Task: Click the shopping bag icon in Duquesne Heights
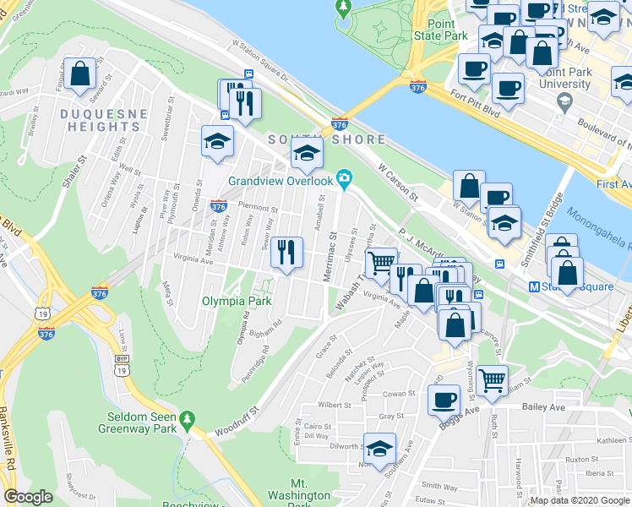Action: pyautogui.click(x=80, y=74)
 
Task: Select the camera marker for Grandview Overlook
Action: pyautogui.click(x=343, y=177)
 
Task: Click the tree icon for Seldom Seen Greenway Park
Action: pyautogui.click(x=188, y=418)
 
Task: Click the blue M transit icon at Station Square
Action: pyautogui.click(x=534, y=286)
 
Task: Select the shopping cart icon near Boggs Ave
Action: pyautogui.click(x=492, y=380)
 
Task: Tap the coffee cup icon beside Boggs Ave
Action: pyautogui.click(x=444, y=400)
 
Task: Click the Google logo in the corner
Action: pyautogui.click(x=28, y=497)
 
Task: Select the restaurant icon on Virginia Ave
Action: pyautogui.click(x=288, y=251)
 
